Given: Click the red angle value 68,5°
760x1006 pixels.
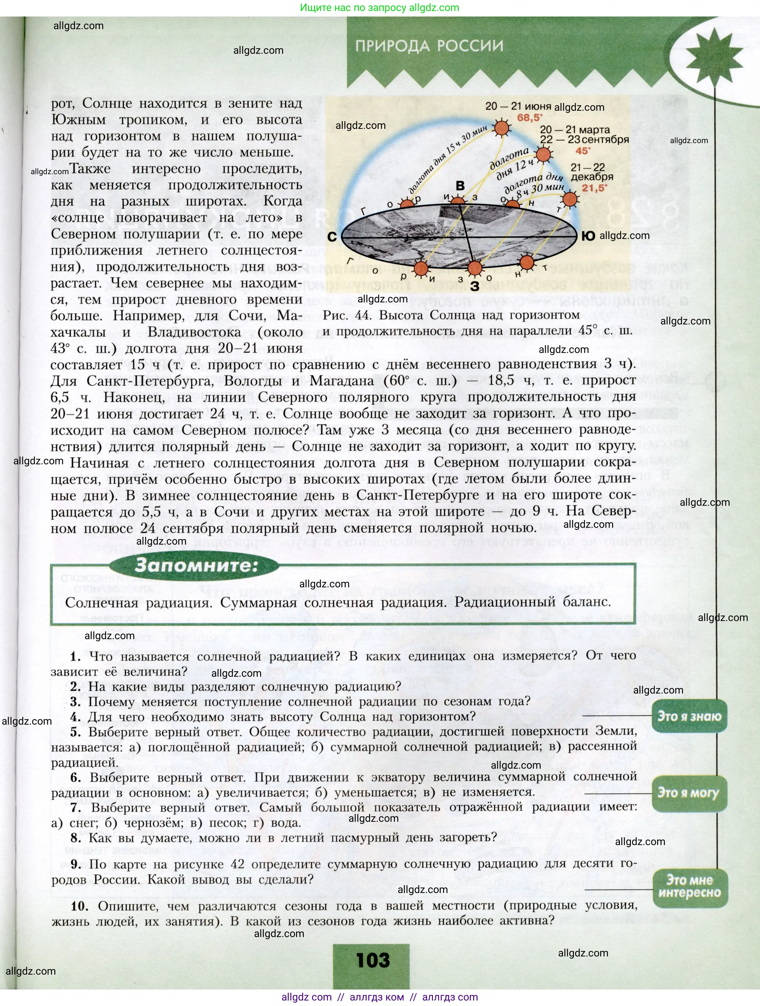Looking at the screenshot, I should [x=530, y=118].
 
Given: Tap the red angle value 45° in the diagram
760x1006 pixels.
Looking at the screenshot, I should [x=583, y=151].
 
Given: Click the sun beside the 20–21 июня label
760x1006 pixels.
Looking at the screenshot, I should [x=502, y=128].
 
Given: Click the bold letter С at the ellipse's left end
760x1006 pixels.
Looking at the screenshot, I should [x=332, y=237].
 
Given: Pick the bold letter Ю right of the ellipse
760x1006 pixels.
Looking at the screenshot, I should [x=588, y=236].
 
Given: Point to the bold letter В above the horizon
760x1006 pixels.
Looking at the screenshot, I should [x=460, y=186].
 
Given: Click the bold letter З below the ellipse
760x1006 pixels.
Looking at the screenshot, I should [x=475, y=286].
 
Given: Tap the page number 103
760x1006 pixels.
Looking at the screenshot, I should [x=373, y=960].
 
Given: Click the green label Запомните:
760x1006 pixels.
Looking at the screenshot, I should [x=196, y=565].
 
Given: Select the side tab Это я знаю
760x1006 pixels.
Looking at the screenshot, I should [x=689, y=716].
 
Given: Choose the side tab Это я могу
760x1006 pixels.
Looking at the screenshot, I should [x=688, y=793].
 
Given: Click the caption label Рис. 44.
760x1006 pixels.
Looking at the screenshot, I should [x=347, y=315].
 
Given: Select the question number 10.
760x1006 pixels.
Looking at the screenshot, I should [x=80, y=906].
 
